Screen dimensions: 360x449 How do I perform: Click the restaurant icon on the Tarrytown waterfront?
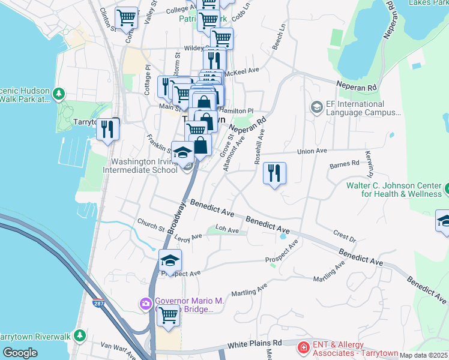[107, 129]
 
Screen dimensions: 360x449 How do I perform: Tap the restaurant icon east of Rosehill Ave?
[274, 173]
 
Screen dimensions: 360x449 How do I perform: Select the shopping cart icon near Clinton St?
[126, 18]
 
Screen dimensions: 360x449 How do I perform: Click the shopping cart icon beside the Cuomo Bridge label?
[168, 314]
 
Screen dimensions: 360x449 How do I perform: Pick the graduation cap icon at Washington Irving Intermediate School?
[182, 152]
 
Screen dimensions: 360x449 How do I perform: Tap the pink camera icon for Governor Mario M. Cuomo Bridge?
[145, 304]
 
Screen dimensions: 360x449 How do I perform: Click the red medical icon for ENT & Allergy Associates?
[304, 347]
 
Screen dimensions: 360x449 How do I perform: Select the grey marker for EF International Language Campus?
[316, 107]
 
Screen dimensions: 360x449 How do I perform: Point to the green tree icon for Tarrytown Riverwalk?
[79, 335]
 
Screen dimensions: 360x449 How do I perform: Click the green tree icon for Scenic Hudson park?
[59, 94]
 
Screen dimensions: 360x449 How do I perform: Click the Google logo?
[20, 353]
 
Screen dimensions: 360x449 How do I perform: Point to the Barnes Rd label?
[345, 163]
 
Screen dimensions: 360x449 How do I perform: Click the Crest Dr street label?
[345, 236]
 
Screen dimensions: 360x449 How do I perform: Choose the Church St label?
[150, 227]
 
